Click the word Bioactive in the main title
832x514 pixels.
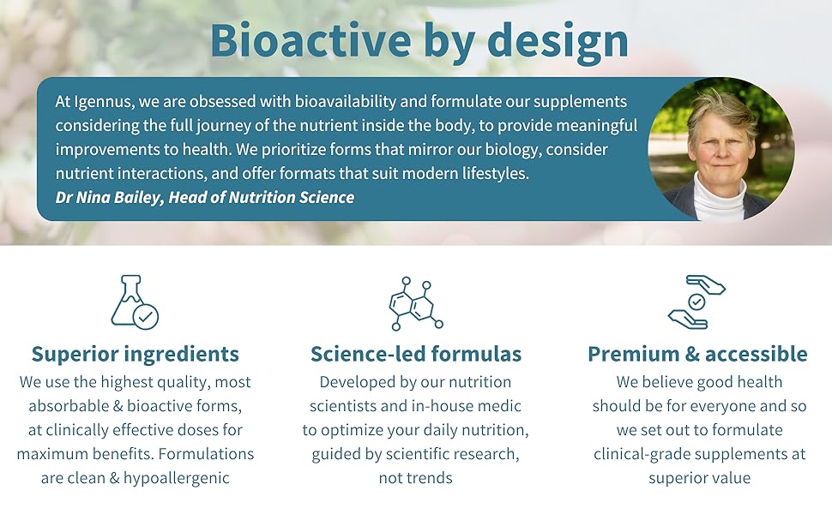click(x=311, y=39)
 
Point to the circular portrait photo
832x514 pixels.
click(x=721, y=149)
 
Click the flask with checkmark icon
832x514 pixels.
click(x=135, y=302)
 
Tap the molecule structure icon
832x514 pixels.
click(x=416, y=303)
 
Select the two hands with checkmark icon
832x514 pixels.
click(x=696, y=302)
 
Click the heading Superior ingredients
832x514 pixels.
click(x=136, y=354)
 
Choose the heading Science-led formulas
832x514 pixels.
click(x=416, y=354)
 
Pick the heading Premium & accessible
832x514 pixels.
click(x=697, y=354)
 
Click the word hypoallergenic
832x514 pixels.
click(x=176, y=479)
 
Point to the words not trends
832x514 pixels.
click(x=415, y=478)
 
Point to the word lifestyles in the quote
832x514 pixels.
click(x=495, y=173)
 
